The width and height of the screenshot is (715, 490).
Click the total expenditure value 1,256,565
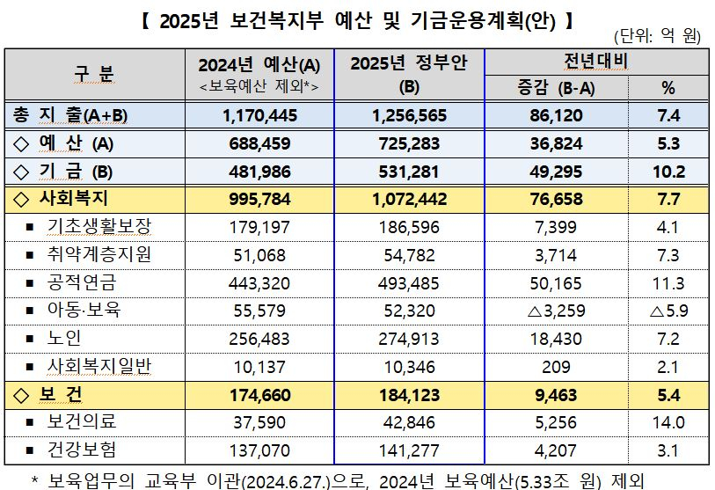coord(410,115)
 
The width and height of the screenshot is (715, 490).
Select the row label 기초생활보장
coord(99,227)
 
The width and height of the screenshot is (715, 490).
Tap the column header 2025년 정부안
coord(409,63)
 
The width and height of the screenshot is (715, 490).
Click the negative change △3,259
coord(554,311)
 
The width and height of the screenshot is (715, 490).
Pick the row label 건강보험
coord(82,450)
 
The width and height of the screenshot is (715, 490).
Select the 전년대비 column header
coord(595,62)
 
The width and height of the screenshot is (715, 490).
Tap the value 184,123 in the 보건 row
coord(410,395)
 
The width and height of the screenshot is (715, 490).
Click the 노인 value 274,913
coord(410,339)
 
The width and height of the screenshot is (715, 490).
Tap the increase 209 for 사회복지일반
coord(554,367)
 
